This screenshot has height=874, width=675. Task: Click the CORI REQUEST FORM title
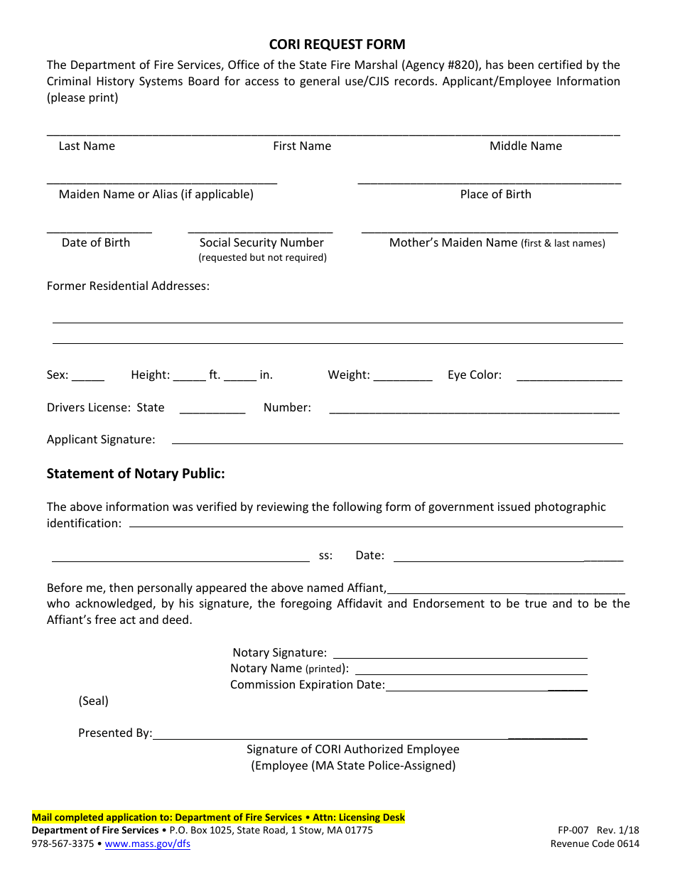point(337,45)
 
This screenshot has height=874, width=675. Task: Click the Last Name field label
point(87,146)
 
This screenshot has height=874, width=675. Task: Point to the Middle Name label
point(525,146)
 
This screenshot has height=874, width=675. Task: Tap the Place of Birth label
point(495,195)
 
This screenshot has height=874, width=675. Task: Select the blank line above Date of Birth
point(99,231)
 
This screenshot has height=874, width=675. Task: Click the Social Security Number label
point(261,243)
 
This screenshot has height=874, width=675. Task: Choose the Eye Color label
point(474,375)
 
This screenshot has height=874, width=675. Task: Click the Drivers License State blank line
point(212,412)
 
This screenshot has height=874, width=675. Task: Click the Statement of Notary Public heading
point(136,474)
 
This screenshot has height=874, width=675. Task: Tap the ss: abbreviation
point(325,556)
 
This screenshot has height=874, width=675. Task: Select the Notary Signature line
point(460,657)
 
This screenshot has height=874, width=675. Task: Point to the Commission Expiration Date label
point(307,685)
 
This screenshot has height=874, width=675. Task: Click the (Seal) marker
point(93,701)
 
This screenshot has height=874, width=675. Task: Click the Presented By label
point(115,733)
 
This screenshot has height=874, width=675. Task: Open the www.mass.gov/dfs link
point(148,844)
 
